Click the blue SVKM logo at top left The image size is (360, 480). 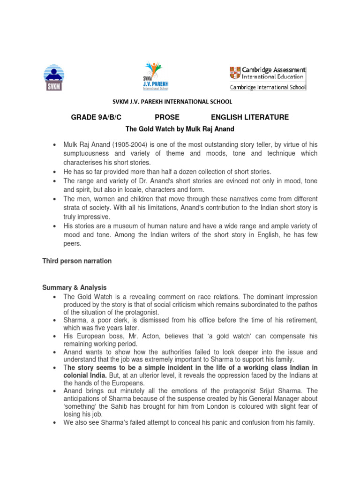click(x=55, y=76)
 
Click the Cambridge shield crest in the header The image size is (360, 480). click(x=234, y=73)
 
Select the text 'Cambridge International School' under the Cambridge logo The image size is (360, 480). click(x=267, y=87)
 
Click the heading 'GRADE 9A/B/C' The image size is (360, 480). click(x=92, y=117)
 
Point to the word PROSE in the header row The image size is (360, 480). click(x=167, y=117)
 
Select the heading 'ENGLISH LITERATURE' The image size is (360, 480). click(x=250, y=117)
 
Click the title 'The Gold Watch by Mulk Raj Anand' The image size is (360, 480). click(x=180, y=128)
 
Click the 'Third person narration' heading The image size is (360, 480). click(x=77, y=261)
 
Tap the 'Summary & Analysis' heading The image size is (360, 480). click(x=75, y=287)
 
